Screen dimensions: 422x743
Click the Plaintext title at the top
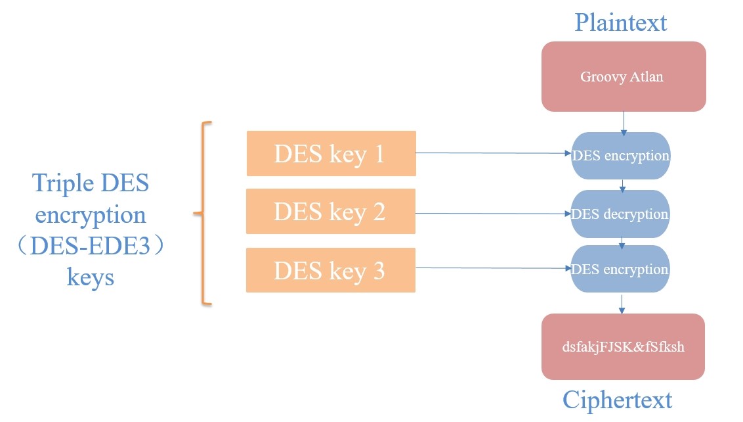point(620,22)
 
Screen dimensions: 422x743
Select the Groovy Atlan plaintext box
point(623,76)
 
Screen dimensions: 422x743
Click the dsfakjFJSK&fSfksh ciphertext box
point(623,346)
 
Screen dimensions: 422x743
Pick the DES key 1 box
point(331,153)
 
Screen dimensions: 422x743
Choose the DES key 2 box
point(331,211)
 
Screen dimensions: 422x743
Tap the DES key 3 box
point(331,270)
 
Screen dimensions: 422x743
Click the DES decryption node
point(620,214)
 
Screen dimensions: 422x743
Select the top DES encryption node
point(620,156)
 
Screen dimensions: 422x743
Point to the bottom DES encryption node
point(620,270)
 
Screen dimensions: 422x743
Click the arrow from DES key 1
point(492,153)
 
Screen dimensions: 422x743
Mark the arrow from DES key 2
point(492,214)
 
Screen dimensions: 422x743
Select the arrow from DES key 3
point(492,268)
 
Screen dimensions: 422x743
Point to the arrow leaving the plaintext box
point(623,122)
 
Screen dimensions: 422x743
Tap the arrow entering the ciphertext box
point(622,303)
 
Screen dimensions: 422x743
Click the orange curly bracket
point(204,213)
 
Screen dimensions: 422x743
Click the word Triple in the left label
point(61,184)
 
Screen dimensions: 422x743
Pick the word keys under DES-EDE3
point(90,277)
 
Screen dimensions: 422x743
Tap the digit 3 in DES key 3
point(378,270)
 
